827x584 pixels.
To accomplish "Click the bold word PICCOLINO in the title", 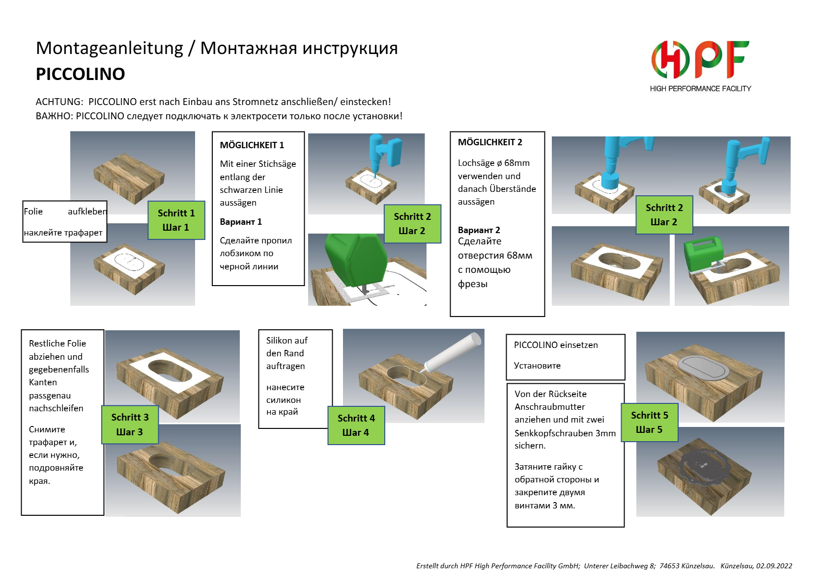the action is click(x=81, y=74).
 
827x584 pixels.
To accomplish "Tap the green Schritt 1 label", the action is click(x=176, y=220).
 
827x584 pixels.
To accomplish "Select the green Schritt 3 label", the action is click(x=130, y=425).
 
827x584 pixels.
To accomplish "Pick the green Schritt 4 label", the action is click(x=356, y=425).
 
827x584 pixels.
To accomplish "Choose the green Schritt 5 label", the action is click(x=650, y=423).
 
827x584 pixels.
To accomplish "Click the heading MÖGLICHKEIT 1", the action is click(x=252, y=145).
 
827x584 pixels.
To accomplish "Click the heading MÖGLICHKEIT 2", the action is click(x=490, y=142).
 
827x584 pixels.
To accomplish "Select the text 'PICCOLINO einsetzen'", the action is click(x=556, y=345).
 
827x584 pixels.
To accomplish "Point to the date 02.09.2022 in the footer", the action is click(x=774, y=566).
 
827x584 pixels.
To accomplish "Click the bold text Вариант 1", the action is click(x=241, y=222).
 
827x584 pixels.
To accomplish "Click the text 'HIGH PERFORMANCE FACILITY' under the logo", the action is click(x=700, y=89).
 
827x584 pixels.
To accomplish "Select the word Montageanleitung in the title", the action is click(x=109, y=49).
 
